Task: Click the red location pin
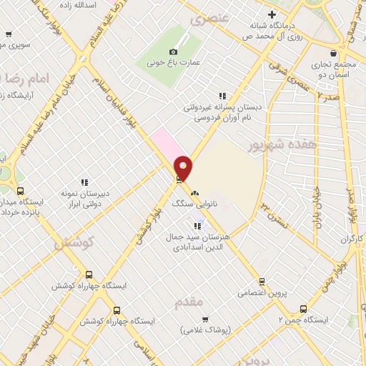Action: click(184, 167)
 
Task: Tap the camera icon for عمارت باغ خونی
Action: click(172, 51)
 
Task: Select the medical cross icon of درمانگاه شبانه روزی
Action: click(271, 14)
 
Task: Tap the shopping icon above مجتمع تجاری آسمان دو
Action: click(333, 54)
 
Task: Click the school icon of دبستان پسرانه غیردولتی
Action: click(222, 96)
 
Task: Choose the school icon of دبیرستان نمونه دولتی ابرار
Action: click(85, 182)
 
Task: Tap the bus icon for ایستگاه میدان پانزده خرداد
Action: click(20, 191)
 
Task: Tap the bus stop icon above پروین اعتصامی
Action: click(262, 281)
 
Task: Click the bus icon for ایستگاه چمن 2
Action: click(303, 310)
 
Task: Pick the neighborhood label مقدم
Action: click(189, 304)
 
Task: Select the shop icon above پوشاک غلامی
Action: click(204, 320)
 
